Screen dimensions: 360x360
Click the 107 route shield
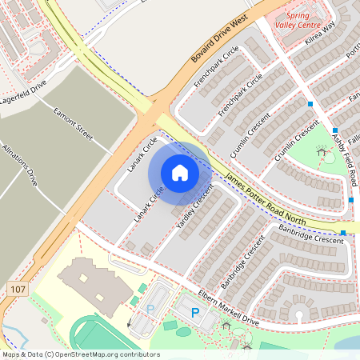(18, 286)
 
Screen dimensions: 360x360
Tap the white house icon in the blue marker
(180, 172)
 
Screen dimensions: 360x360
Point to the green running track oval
(96, 336)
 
